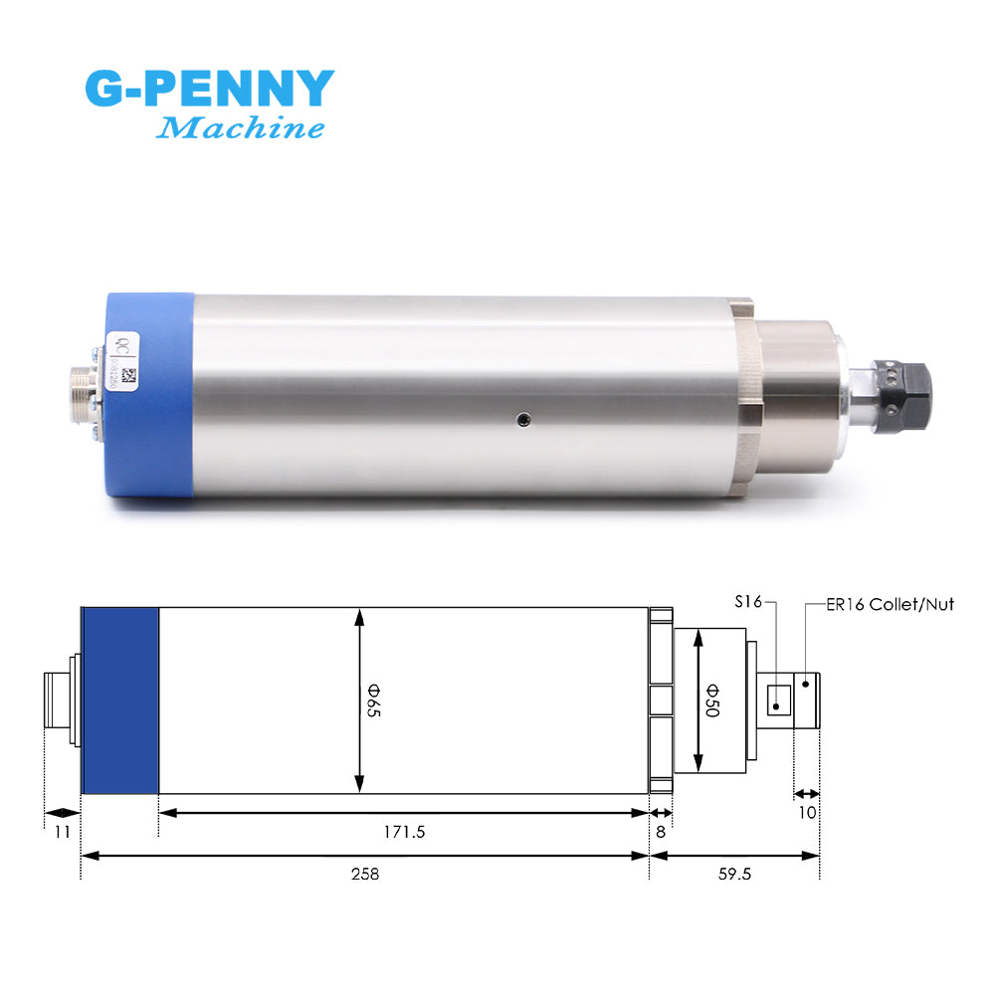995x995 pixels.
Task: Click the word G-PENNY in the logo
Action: tap(209, 90)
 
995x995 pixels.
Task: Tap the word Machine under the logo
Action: tap(241, 128)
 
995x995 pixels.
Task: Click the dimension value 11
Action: tap(62, 832)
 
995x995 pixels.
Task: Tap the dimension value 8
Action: tap(660, 832)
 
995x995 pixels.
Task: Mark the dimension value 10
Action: tap(806, 812)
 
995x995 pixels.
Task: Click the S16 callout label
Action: tap(748, 601)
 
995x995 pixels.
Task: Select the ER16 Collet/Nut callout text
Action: tap(890, 604)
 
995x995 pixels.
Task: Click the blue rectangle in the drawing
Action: tap(120, 700)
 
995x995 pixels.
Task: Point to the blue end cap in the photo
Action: tap(149, 393)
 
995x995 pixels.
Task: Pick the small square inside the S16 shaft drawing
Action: tap(777, 698)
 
